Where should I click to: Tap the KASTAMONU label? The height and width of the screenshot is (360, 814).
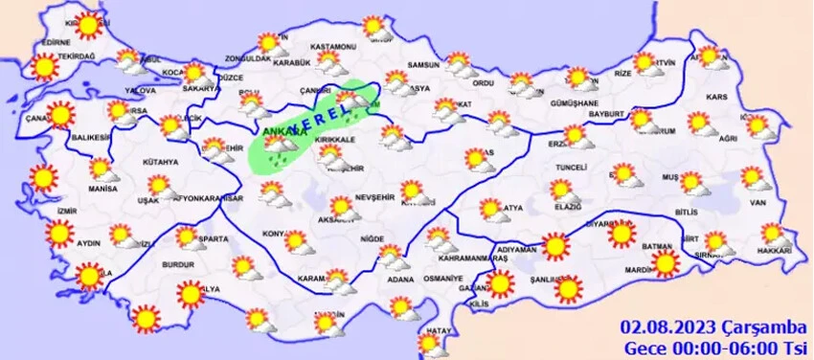[x=335, y=47]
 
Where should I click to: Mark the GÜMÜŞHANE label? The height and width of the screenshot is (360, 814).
[x=575, y=102]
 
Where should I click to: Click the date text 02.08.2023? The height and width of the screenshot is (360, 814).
[x=658, y=328]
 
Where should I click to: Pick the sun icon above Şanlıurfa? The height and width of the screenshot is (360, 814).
[x=569, y=287]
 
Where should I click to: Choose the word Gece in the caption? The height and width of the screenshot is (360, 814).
[x=644, y=347]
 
